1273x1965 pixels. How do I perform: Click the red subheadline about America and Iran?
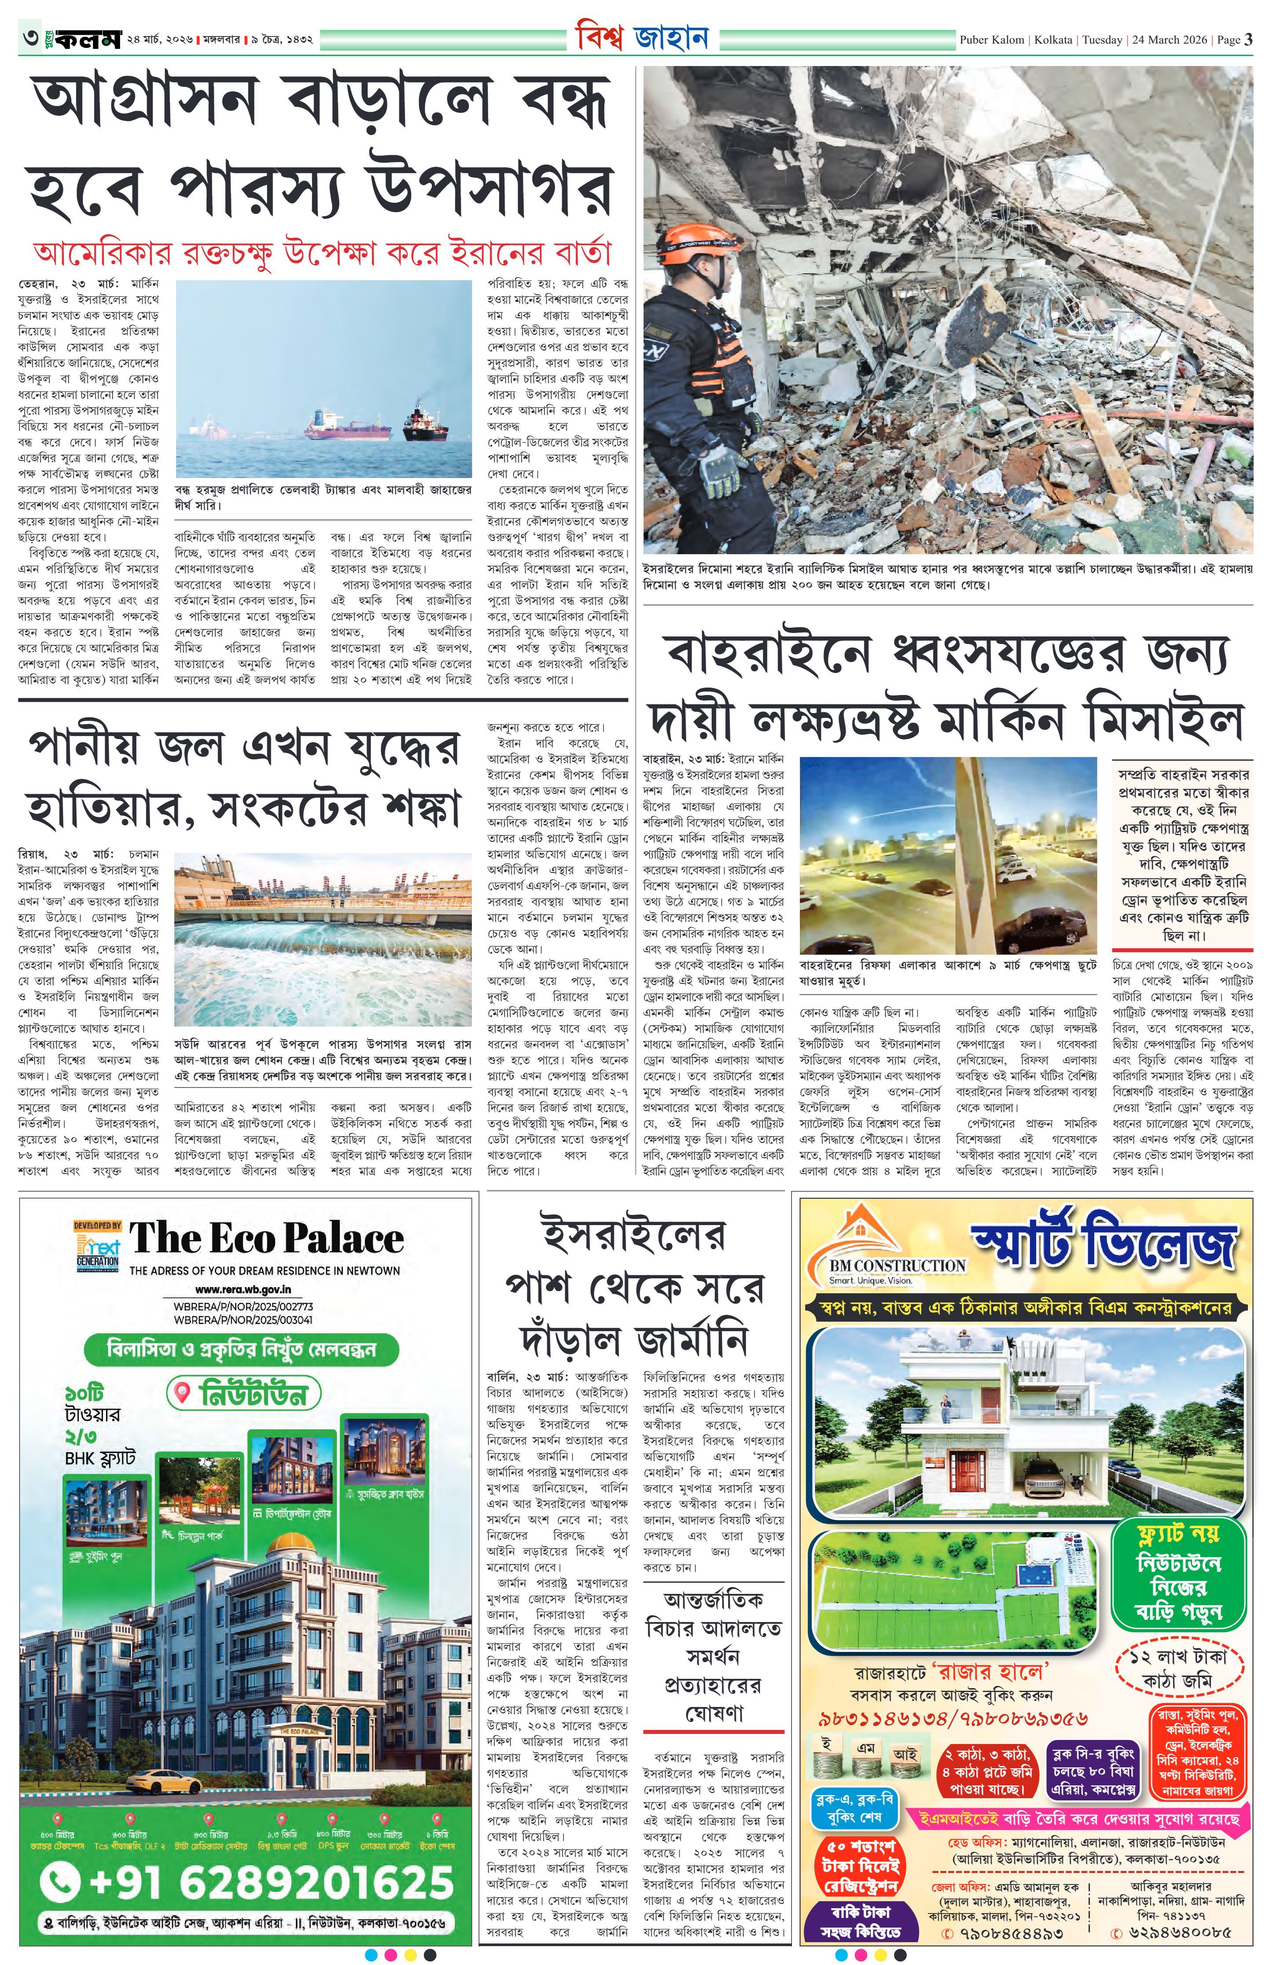click(x=322, y=252)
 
